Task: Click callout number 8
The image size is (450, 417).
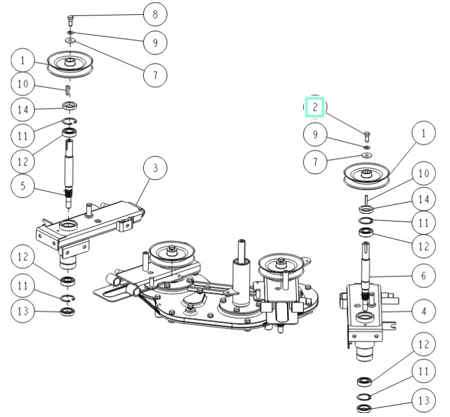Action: click(155, 13)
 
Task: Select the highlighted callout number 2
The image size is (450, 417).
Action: click(315, 108)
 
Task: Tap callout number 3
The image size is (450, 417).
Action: click(155, 169)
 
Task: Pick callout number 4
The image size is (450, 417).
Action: click(423, 310)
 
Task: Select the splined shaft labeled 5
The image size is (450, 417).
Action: click(70, 169)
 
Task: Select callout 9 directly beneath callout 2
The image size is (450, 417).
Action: click(315, 134)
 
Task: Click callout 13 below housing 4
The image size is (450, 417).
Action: click(423, 401)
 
